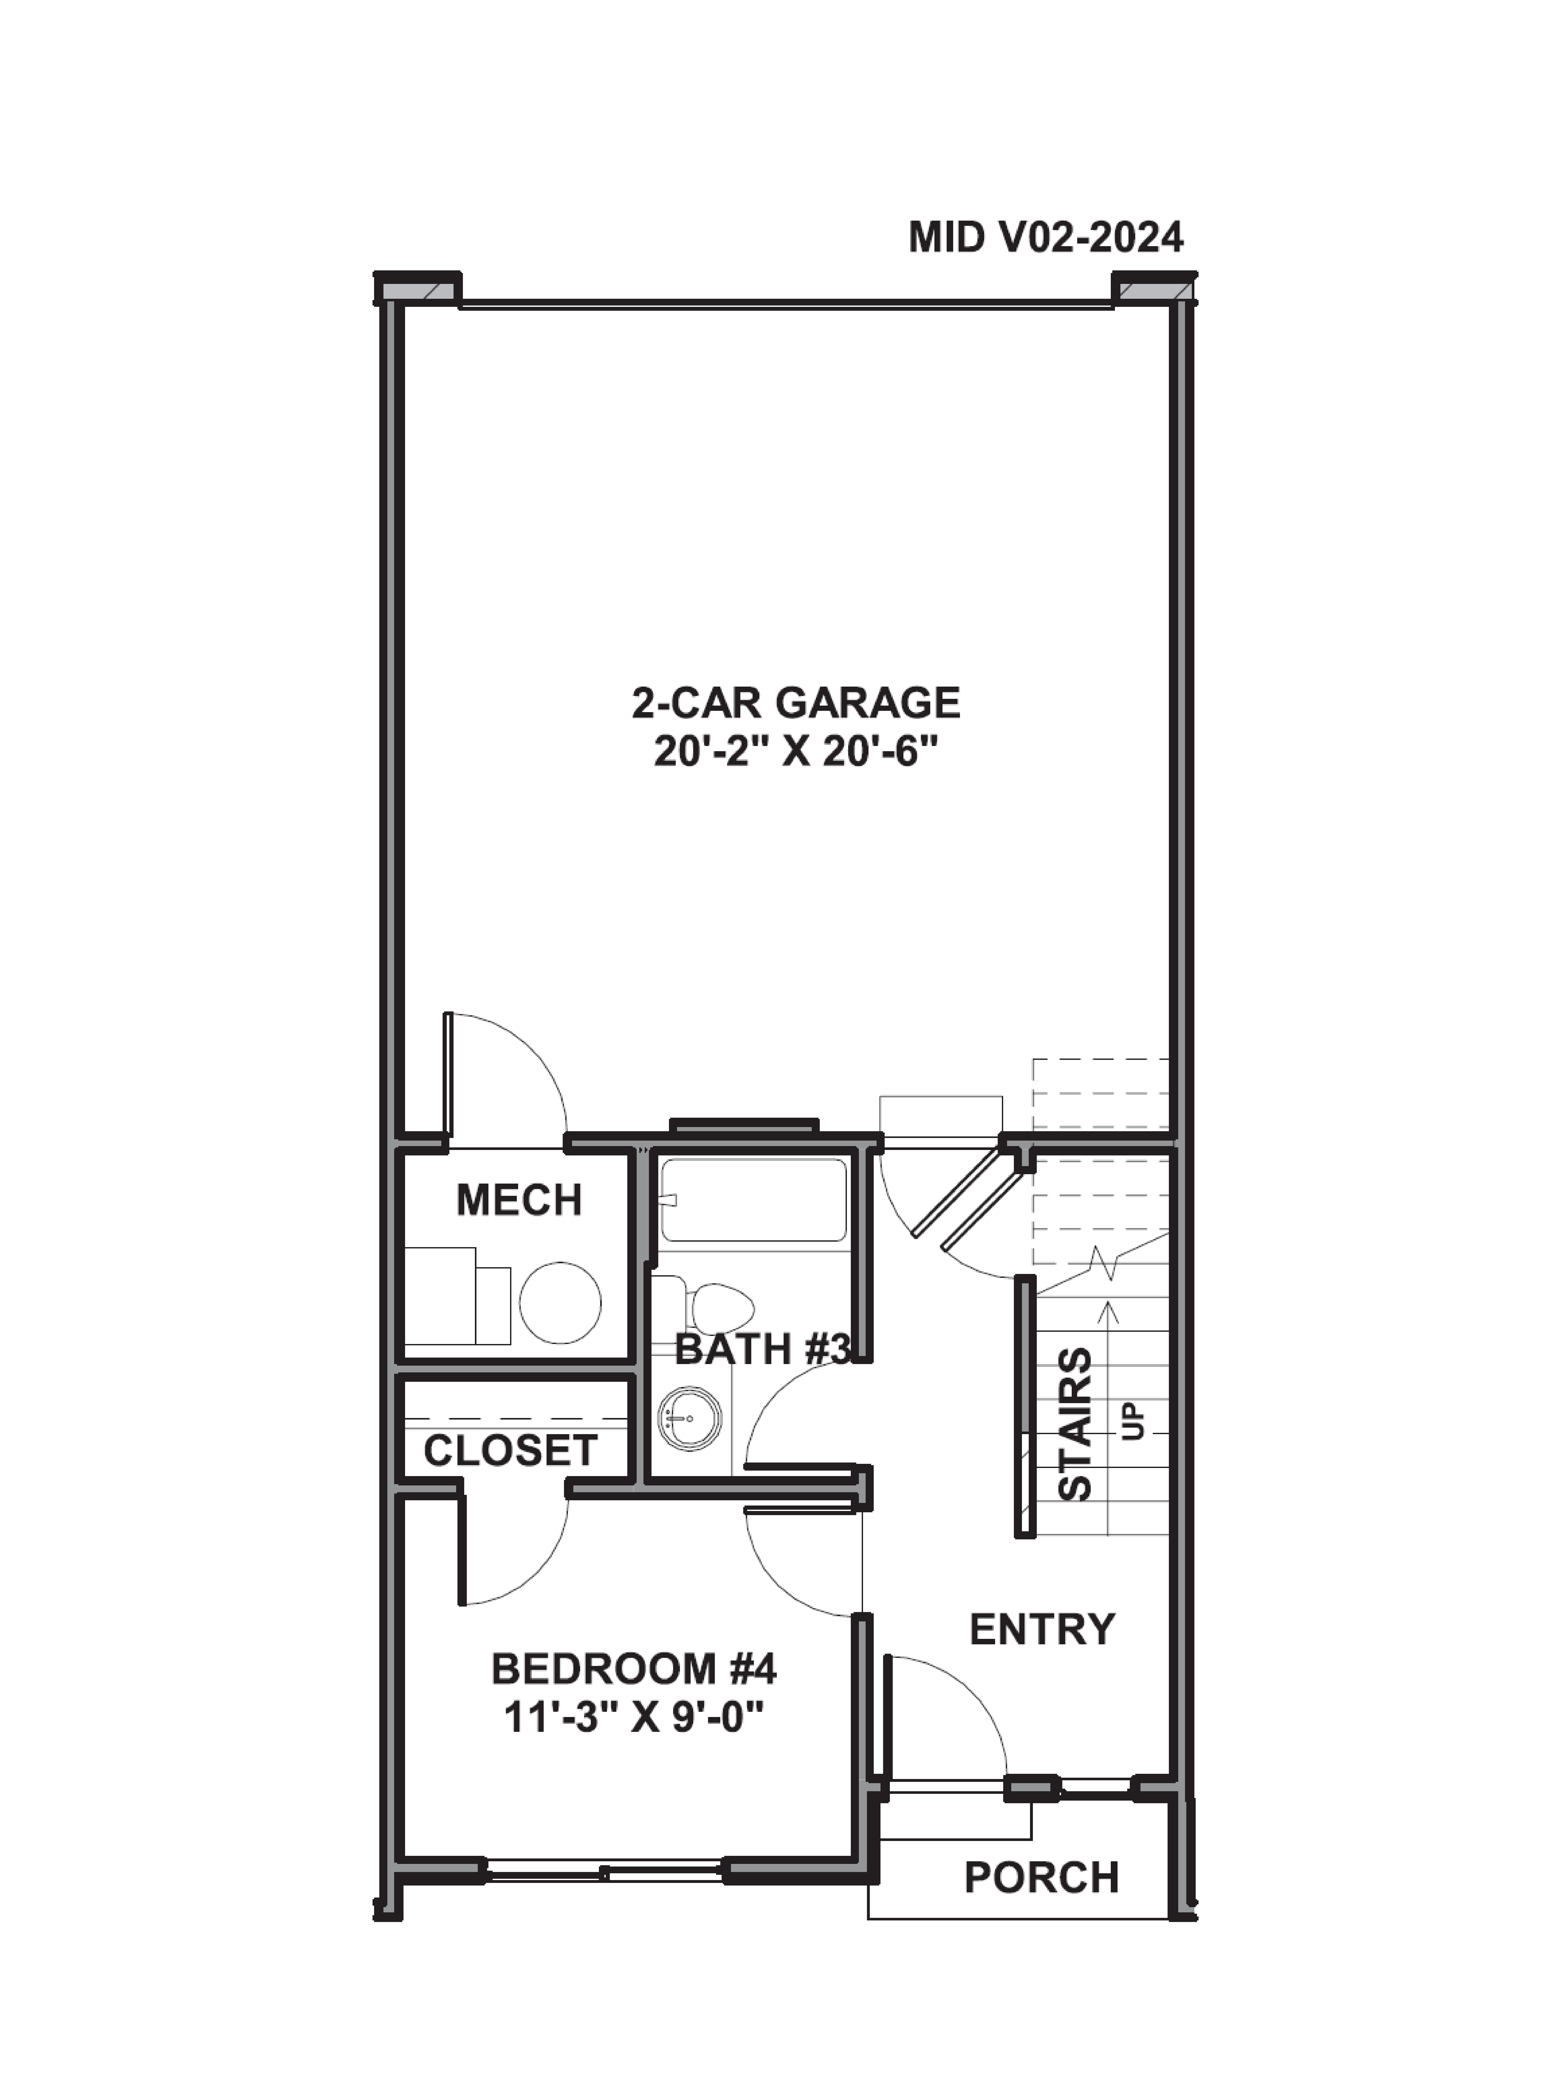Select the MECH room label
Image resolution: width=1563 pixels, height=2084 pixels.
coord(519,1200)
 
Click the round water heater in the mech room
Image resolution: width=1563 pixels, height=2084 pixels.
coord(561,1304)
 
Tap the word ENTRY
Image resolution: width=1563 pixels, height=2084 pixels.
coord(1042,1629)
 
